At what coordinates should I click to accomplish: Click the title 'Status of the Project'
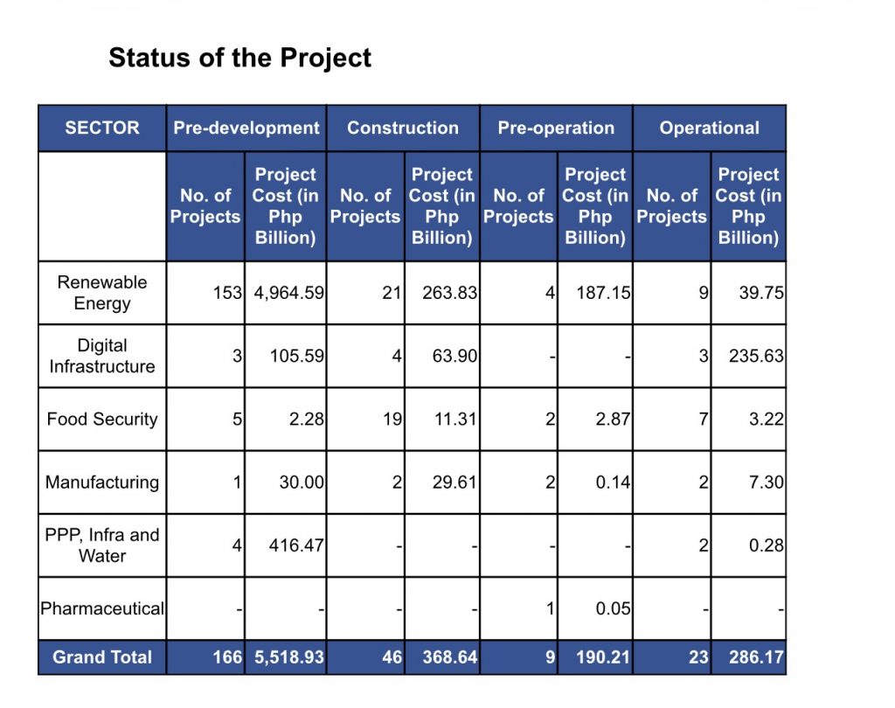[239, 58]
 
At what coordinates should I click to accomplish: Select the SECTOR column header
[102, 128]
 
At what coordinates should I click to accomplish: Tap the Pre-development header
[246, 128]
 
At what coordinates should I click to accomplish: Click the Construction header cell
[403, 128]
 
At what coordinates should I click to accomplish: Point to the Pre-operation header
[556, 128]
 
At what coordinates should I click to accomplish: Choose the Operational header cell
[710, 128]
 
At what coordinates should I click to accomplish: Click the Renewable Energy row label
[102, 292]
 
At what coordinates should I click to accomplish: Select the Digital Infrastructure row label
[102, 356]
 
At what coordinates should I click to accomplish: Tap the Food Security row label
[102, 419]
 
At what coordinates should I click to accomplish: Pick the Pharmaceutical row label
[102, 608]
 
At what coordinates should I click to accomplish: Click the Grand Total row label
[102, 657]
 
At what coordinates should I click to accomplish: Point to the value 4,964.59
[288, 293]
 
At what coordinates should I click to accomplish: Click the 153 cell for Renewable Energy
[228, 293]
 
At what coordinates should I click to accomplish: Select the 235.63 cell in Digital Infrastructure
[756, 356]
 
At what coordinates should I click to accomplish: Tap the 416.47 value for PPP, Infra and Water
[296, 545]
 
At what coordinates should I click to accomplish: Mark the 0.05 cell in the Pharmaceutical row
[613, 608]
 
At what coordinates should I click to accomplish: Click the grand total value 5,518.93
[288, 657]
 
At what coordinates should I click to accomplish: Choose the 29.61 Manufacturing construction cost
[454, 482]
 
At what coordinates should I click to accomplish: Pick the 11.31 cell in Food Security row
[455, 419]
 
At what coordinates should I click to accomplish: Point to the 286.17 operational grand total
[756, 657]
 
